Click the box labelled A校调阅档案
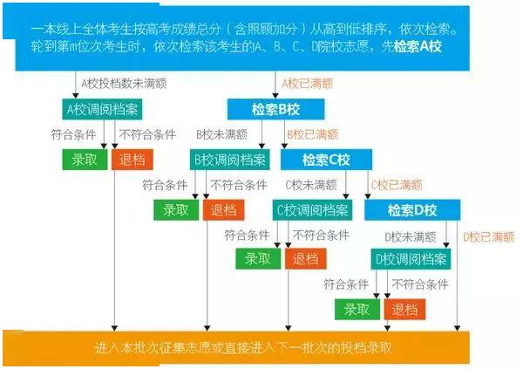point(102,109)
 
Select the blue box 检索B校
point(275,109)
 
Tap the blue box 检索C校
point(326,160)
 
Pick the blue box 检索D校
point(412,210)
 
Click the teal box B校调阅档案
point(230,160)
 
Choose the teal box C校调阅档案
point(312,210)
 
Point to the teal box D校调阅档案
point(411,259)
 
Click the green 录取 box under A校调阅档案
point(85,160)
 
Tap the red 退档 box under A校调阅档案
point(132,160)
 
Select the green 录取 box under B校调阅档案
point(176,210)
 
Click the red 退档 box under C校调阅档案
point(306,259)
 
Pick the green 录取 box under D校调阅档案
point(357,309)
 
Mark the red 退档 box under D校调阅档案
point(404,309)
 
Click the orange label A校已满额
point(307,84)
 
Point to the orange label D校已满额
point(489,237)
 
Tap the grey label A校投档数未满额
point(124,84)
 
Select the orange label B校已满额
point(313,134)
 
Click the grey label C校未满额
point(311,185)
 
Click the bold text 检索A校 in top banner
point(418,46)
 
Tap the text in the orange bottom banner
point(243,348)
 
